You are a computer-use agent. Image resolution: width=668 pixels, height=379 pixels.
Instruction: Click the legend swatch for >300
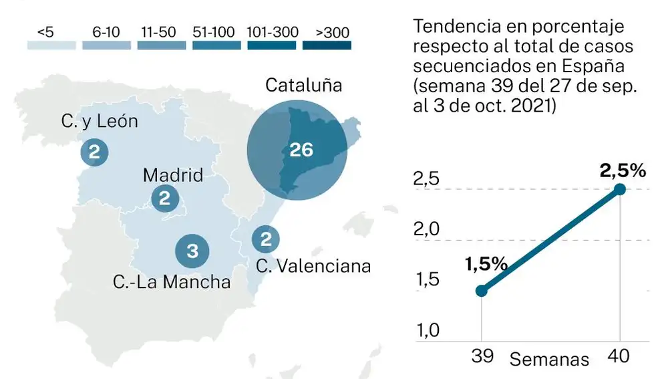coord(327,45)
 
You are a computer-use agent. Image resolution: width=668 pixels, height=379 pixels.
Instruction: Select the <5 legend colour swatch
coord(51,45)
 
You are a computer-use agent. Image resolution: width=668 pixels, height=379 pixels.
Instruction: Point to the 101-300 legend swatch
coord(272,45)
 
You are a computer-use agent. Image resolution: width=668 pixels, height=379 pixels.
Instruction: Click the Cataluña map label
coord(304,86)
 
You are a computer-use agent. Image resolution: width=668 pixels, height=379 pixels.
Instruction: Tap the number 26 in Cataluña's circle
coord(301,150)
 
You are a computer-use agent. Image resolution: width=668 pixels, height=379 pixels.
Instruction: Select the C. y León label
coord(100,121)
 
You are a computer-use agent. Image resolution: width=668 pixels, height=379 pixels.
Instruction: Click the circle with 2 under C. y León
coord(94,152)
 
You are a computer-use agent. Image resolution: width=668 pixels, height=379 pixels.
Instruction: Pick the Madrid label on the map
coord(173,176)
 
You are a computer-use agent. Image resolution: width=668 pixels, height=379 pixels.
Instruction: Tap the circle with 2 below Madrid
coord(164,199)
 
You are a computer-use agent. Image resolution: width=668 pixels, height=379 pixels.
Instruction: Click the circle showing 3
coord(192,251)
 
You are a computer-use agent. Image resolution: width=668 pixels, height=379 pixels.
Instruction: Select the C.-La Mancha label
coord(172,282)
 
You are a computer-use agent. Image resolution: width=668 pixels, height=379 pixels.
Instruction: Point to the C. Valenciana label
coord(313,265)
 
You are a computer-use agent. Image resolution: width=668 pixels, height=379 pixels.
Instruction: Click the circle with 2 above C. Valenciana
coord(265,239)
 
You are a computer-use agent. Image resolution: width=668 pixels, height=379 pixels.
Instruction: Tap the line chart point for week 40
coord(620,189)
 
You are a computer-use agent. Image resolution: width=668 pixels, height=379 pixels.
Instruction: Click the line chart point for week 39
coord(482,291)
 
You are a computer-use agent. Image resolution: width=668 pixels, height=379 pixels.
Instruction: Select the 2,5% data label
coord(623,170)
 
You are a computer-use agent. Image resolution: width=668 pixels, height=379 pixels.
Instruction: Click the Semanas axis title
coord(549,359)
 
